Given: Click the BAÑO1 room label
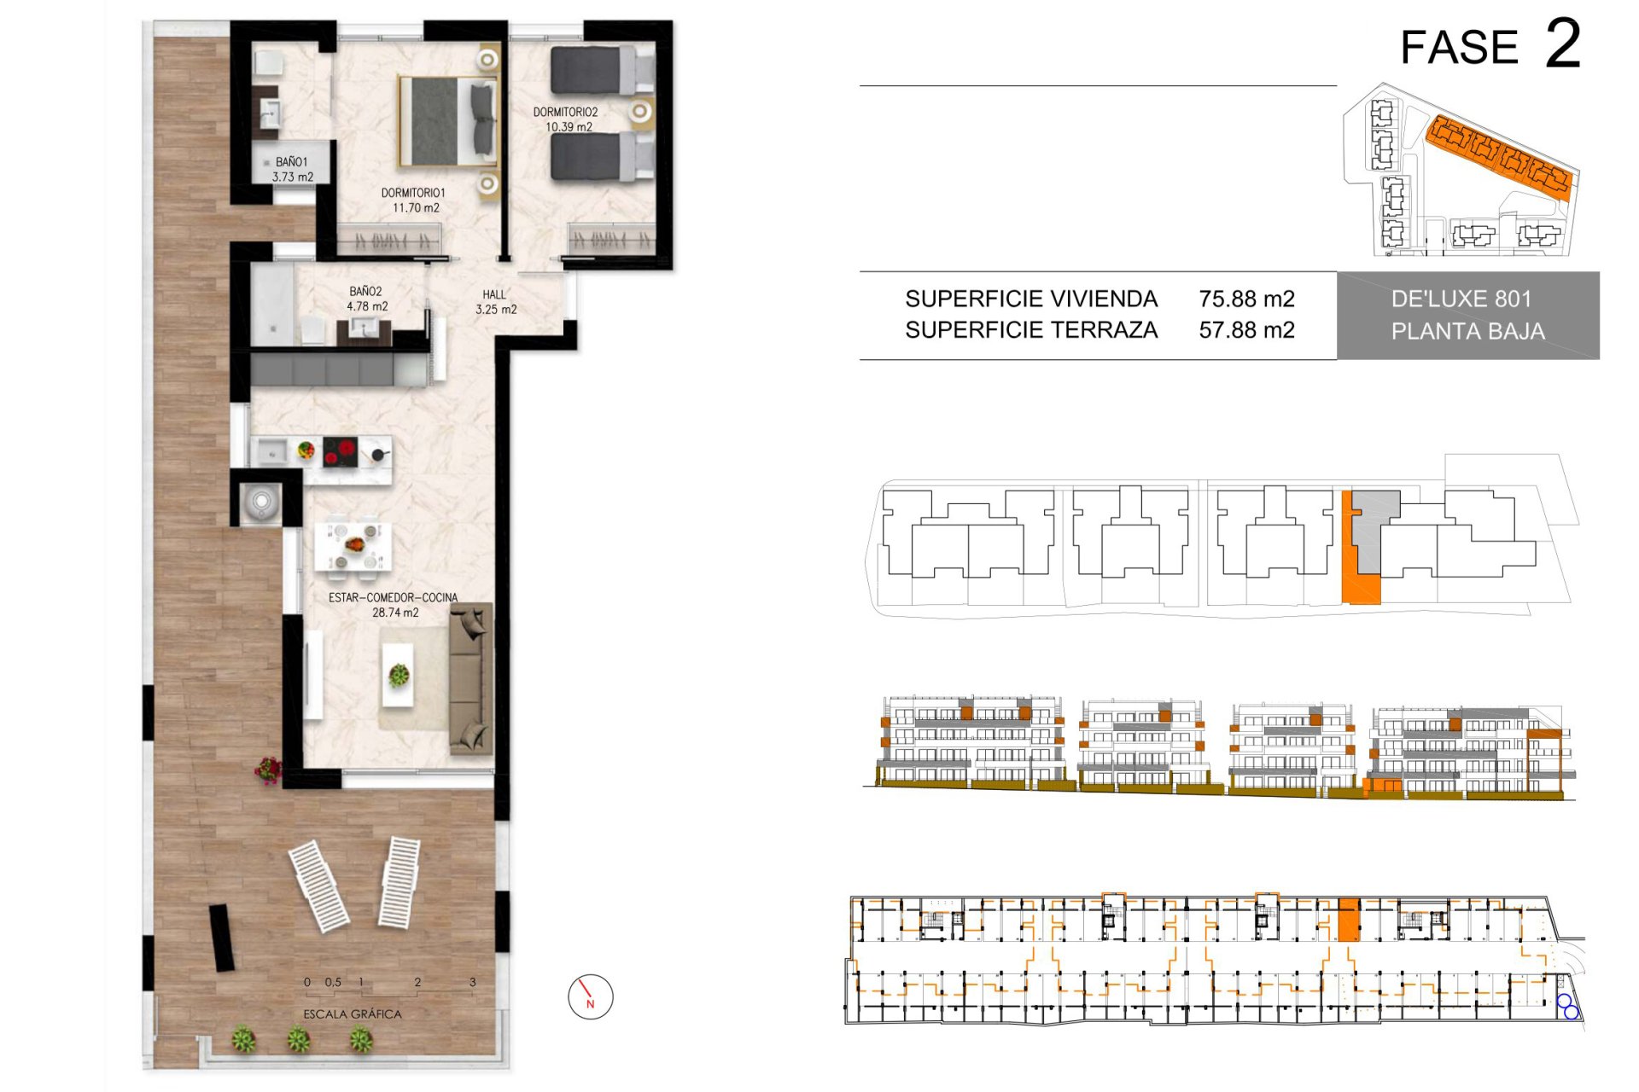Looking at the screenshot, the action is click(291, 162).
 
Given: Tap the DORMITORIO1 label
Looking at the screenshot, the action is click(413, 193).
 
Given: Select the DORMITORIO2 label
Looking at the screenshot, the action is click(565, 112).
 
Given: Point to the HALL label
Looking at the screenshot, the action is click(494, 294).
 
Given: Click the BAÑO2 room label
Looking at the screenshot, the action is click(365, 291).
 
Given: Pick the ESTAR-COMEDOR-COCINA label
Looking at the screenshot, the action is click(393, 597).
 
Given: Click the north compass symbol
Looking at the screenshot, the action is click(591, 996).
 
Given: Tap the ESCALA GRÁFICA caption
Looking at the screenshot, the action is click(353, 1014).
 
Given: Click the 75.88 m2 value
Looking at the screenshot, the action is click(1246, 299).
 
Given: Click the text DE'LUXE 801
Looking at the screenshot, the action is click(1461, 299).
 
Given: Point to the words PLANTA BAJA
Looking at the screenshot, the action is click(1468, 331).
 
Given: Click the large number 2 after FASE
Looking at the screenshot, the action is click(1563, 44).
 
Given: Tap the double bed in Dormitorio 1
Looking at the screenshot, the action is click(448, 121).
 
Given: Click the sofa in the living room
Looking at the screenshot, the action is click(470, 678).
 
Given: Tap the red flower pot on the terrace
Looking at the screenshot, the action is click(268, 770).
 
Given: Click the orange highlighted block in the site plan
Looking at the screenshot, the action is click(1500, 158).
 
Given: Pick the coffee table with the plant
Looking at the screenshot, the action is click(398, 675).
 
